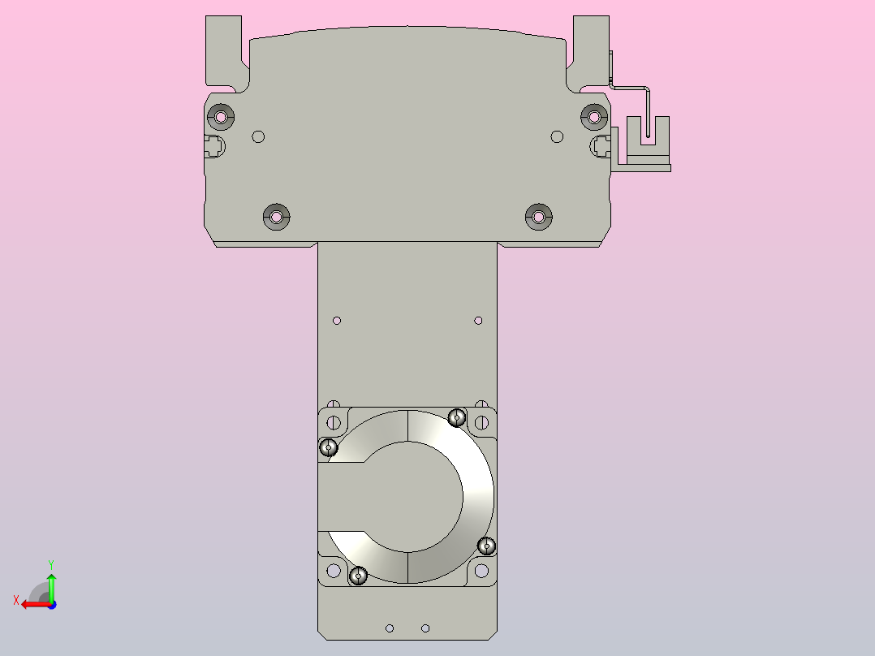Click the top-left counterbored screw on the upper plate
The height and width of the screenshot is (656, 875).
coord(220,117)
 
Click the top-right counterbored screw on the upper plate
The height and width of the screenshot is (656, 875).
coord(594,117)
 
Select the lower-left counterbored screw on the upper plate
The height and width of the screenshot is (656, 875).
coord(277,217)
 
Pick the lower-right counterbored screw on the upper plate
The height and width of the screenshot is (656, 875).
coord(537,217)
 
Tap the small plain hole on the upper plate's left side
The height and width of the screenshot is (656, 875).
coord(258,136)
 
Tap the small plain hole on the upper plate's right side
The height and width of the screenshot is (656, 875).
coord(556,136)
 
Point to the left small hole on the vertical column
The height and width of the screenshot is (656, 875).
coord(338,321)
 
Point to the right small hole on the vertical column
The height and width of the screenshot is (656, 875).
coord(478,321)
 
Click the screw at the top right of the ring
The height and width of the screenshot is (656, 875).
coord(457,418)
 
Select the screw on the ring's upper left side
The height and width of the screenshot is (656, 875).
coord(329,447)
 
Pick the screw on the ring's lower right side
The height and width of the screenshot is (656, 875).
coord(486,545)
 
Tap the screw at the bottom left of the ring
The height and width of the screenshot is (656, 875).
coord(358,576)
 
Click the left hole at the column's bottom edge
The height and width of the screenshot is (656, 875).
coord(390,628)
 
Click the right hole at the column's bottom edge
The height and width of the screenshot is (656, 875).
coord(425,628)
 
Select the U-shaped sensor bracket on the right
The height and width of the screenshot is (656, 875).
coord(646,142)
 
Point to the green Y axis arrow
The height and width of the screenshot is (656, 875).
coord(51,583)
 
